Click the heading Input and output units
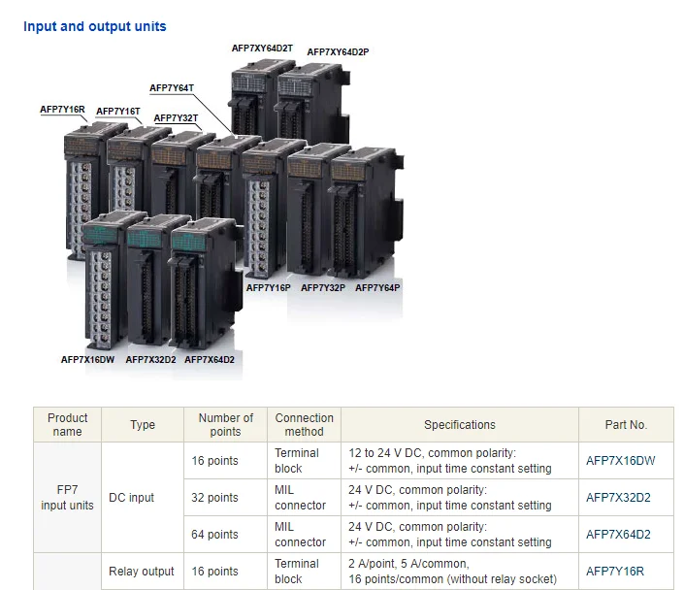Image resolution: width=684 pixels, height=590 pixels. (x=95, y=26)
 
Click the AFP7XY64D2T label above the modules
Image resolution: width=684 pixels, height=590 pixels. (x=262, y=48)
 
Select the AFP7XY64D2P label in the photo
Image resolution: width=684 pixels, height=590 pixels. (x=338, y=51)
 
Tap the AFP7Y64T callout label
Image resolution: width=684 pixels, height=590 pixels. (x=172, y=88)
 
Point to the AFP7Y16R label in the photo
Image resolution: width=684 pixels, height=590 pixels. (x=62, y=110)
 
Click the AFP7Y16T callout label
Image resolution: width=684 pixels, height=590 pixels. (x=118, y=112)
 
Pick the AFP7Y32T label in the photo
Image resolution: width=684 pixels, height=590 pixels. (x=177, y=118)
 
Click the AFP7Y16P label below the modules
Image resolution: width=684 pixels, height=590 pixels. (x=269, y=287)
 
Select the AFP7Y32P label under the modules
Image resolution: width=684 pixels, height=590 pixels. (x=323, y=287)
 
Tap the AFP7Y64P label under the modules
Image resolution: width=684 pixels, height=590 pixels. (x=377, y=287)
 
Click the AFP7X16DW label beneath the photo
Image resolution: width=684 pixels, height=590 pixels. (x=87, y=359)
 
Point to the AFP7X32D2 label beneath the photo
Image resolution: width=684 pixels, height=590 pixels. (x=150, y=359)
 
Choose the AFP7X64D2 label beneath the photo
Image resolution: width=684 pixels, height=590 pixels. (x=210, y=359)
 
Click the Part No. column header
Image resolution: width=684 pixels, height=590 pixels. (x=625, y=424)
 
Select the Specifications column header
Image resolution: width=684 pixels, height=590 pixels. (x=459, y=424)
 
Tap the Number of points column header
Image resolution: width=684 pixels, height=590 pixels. (x=225, y=424)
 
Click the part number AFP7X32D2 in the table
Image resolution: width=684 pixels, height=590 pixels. (x=618, y=498)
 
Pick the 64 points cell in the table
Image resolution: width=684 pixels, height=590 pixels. (x=215, y=535)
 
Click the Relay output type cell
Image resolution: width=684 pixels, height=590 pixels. (x=142, y=572)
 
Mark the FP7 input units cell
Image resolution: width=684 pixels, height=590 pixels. (x=67, y=498)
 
